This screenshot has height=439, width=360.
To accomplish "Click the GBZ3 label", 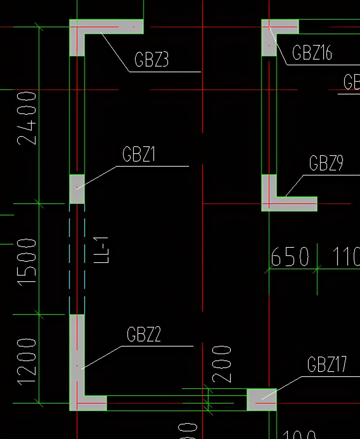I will [151, 60].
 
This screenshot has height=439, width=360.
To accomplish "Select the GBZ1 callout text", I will [139, 154].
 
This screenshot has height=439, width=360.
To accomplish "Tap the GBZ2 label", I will [144, 334].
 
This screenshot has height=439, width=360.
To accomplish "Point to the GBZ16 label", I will [312, 53].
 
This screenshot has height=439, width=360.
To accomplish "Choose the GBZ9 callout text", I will [326, 163].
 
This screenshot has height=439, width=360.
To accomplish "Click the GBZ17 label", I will [327, 364].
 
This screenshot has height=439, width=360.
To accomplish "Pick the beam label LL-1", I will [102, 250].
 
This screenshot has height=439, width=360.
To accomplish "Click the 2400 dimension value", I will [27, 118].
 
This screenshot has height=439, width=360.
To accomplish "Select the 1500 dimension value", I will [27, 262].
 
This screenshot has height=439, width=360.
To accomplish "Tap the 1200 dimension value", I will [27, 361].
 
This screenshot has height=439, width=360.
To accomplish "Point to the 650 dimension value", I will [290, 257].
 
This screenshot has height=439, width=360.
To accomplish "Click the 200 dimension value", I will [222, 364].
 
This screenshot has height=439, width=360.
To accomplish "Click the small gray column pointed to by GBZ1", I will [77, 189].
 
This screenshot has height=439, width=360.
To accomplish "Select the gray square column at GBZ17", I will [261, 399].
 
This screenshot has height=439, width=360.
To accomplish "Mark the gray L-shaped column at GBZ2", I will [77, 364].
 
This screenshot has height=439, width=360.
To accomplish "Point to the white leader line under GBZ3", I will [115, 52].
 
